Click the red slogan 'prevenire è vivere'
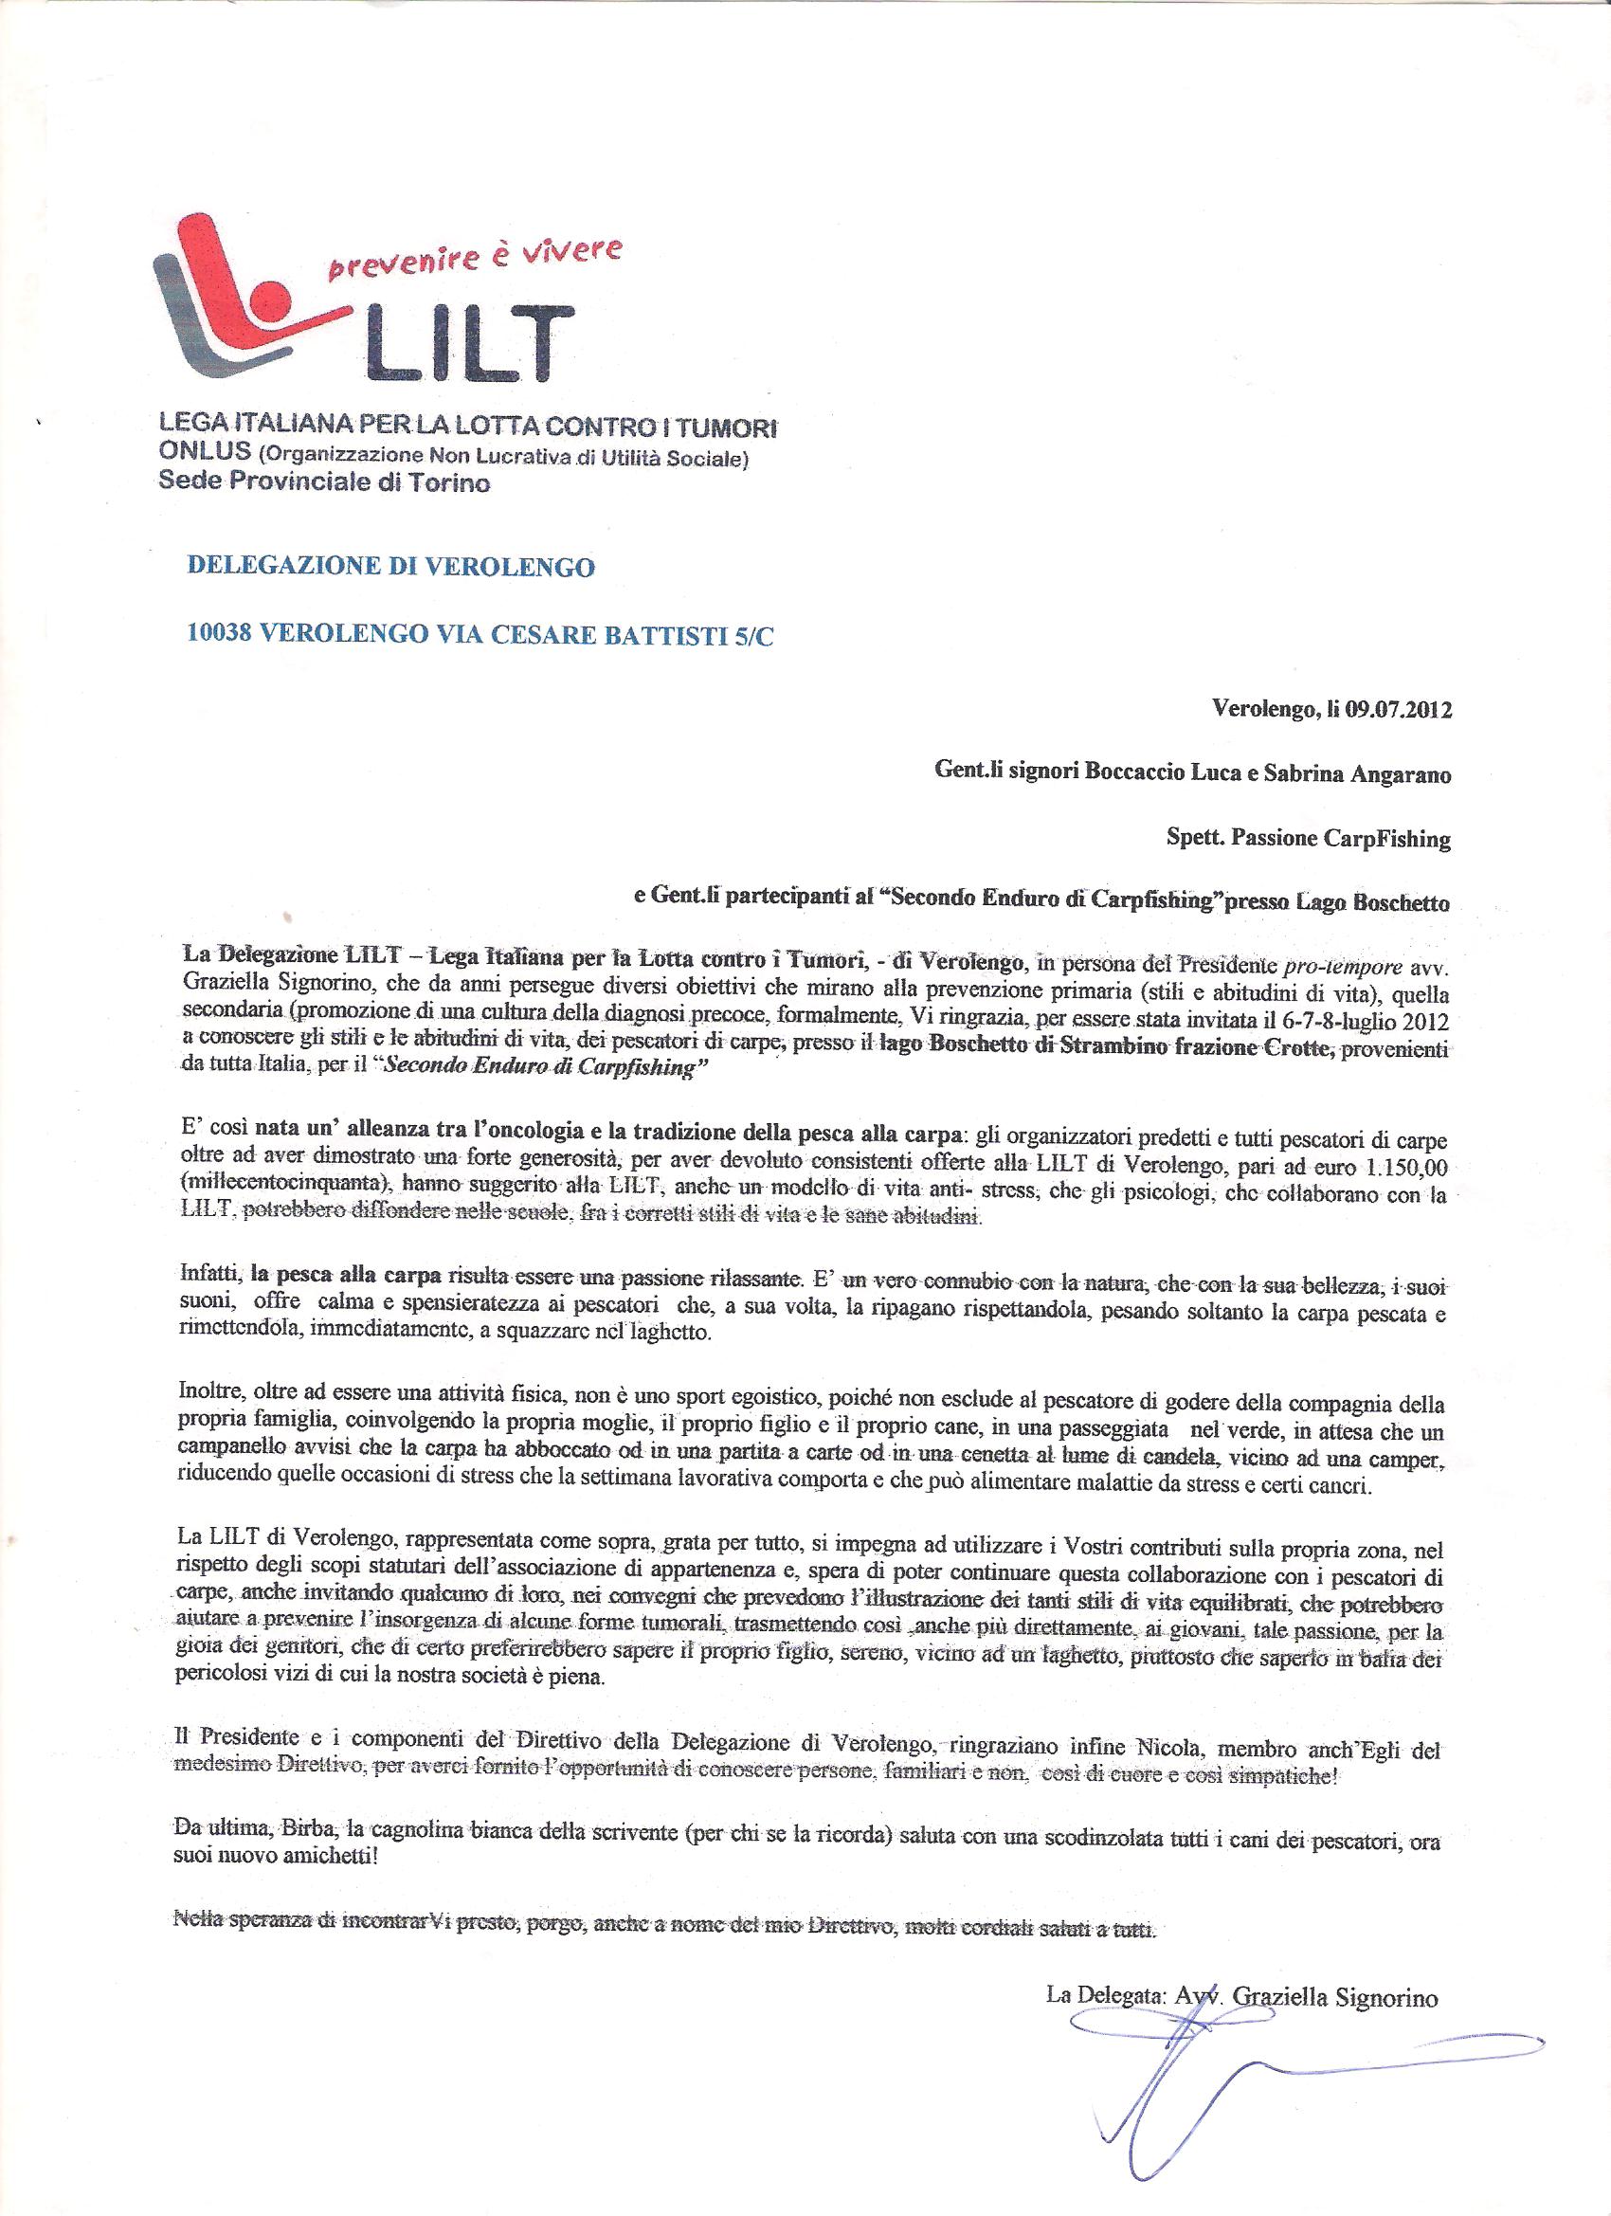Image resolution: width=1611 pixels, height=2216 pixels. [x=472, y=259]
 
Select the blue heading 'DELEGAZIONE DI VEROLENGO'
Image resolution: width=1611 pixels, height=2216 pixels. [x=389, y=568]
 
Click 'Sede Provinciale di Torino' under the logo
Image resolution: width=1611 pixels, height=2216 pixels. [x=324, y=483]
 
